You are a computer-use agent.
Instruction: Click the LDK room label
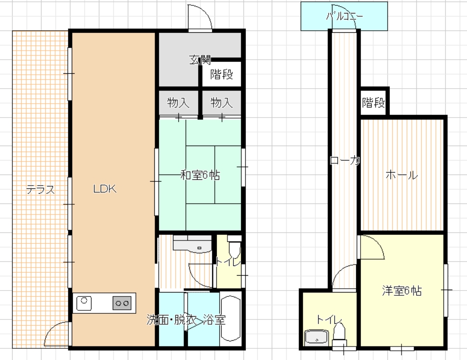click(x=105, y=189)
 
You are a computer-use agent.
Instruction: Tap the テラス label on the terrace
click(x=40, y=189)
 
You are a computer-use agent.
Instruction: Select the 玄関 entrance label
click(x=200, y=60)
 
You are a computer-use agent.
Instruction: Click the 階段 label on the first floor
click(x=222, y=74)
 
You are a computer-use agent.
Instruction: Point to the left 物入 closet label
click(x=178, y=103)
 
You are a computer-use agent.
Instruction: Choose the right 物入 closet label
click(x=222, y=103)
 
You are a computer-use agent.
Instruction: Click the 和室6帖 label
click(x=200, y=175)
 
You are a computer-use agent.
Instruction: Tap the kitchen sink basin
click(x=84, y=303)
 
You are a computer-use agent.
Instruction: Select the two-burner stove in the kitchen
click(x=122, y=303)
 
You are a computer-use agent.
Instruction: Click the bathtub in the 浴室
click(x=231, y=318)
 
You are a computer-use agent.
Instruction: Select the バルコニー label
click(x=345, y=16)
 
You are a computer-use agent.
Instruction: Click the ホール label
click(x=402, y=175)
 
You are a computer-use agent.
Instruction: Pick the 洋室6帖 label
click(x=402, y=291)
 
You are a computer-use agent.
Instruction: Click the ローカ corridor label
click(x=345, y=161)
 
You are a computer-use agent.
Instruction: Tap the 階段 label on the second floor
click(x=374, y=103)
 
